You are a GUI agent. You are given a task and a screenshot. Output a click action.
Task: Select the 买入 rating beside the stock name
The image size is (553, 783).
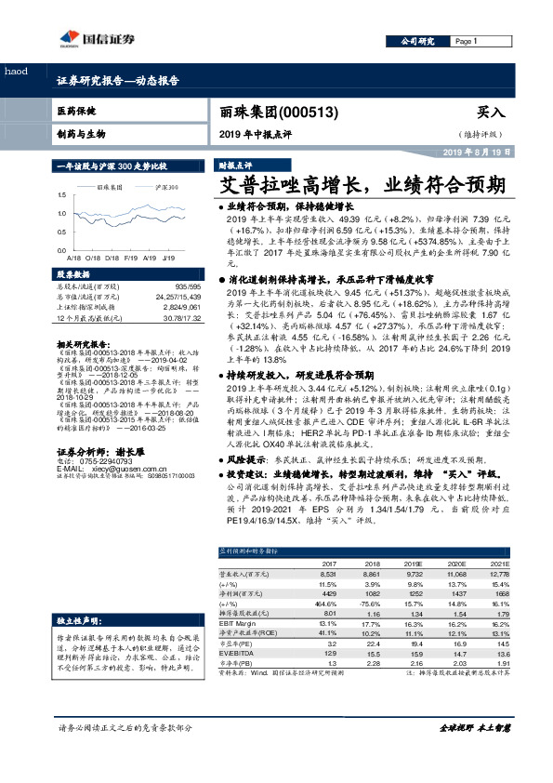point(491,112)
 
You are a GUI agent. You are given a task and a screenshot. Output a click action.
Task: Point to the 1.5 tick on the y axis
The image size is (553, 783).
point(61,195)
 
